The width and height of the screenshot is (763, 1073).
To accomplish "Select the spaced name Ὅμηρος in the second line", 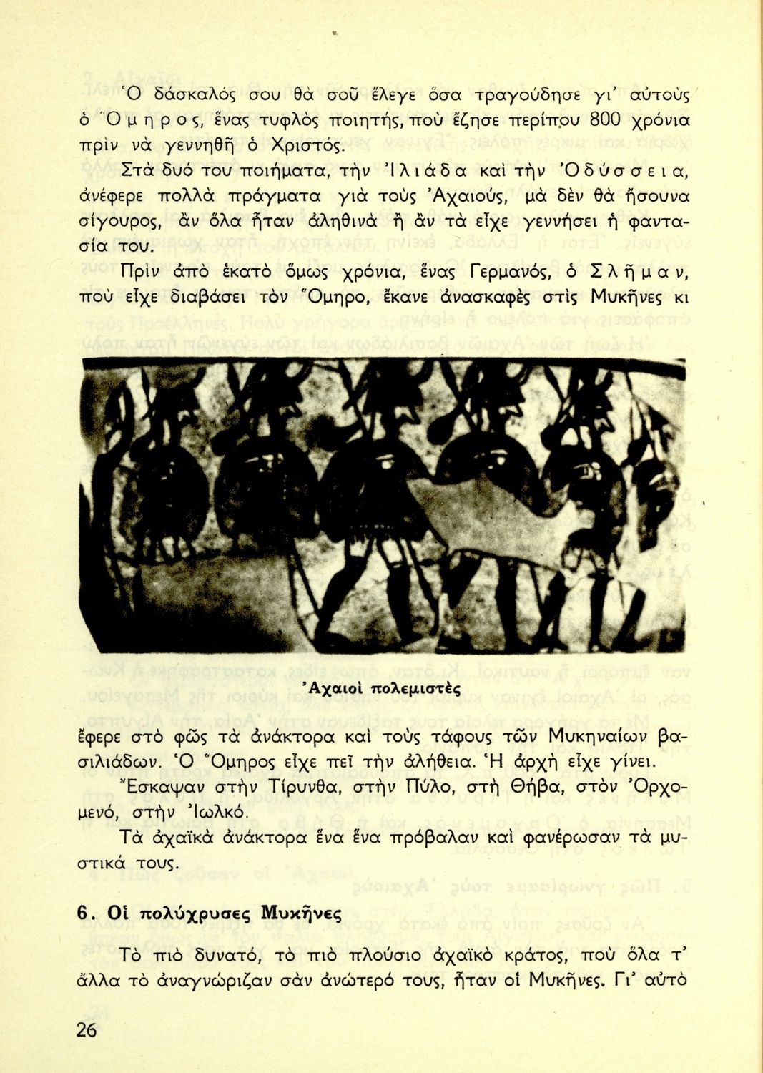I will pos(136,119).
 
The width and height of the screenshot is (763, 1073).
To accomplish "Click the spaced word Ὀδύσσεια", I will pos(626,172).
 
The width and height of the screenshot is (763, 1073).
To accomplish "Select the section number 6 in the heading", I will pos(84,915).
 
